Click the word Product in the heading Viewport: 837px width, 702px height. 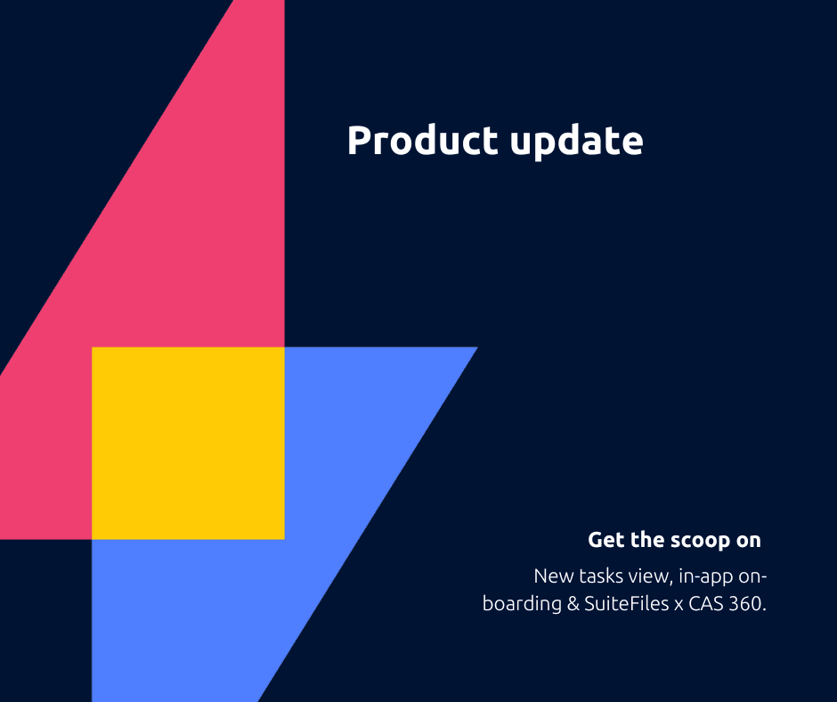423,141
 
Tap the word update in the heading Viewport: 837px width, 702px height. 576,143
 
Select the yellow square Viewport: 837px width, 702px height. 188,444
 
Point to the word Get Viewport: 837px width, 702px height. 606,540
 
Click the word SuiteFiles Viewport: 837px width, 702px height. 627,604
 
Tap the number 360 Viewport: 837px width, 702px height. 747,604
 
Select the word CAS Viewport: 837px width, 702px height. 706,604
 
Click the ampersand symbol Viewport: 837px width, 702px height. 573,604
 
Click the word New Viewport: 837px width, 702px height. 554,576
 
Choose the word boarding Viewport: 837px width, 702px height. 522,605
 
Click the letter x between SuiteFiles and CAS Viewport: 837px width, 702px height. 679,605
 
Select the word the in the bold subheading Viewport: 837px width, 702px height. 647,540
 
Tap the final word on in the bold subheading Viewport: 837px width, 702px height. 748,541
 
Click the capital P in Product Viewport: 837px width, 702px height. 359,141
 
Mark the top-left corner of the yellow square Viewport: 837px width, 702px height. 92,347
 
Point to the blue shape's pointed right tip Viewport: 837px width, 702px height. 477,347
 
